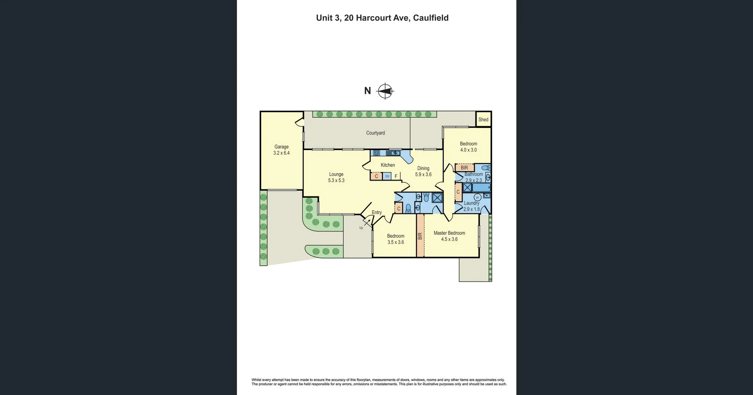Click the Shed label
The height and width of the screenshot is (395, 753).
483,120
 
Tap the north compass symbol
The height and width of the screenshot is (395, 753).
385,91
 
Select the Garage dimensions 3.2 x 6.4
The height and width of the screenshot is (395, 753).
281,153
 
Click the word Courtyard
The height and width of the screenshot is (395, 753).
375,133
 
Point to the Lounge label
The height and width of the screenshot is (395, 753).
336,174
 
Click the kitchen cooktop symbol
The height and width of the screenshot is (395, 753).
376,153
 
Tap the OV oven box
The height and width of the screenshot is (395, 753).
387,177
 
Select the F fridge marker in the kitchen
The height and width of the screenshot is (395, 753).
396,177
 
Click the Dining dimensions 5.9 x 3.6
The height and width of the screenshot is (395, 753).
423,175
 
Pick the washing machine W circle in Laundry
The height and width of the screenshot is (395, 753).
477,197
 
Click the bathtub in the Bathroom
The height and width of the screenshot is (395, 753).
482,187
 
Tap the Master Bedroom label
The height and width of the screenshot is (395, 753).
449,233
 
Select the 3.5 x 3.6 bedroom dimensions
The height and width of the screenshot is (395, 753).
395,242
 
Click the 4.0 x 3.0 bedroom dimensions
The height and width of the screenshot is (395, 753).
468,150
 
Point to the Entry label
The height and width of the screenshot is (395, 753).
376,212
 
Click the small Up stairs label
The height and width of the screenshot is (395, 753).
361,228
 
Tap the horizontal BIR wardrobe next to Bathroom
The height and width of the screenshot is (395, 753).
464,168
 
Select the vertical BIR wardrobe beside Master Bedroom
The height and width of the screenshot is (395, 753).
420,236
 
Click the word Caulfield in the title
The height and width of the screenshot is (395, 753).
431,18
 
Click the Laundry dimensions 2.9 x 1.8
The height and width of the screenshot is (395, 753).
471,209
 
